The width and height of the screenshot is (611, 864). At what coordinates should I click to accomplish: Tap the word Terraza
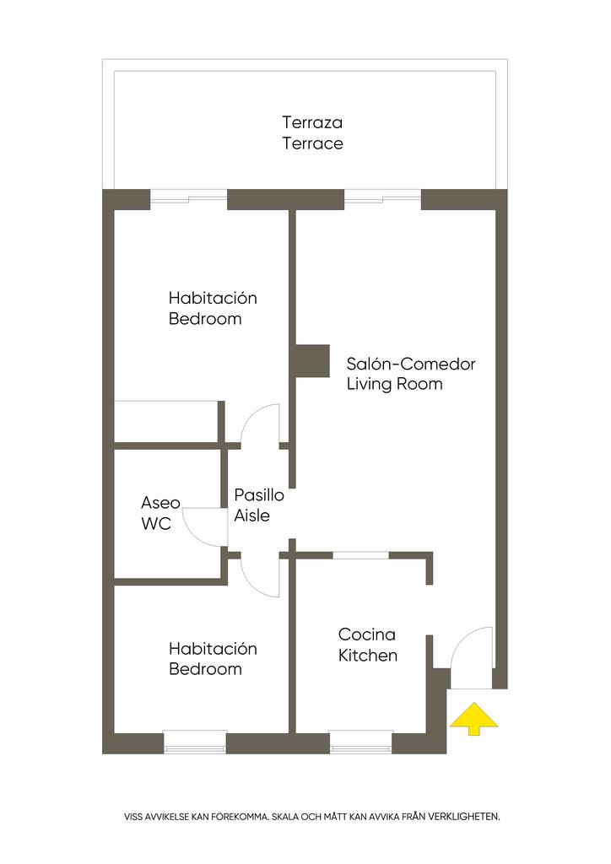click(312, 123)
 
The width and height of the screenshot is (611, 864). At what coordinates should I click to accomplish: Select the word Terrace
click(312, 143)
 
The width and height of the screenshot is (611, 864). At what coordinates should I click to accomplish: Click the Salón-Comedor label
click(411, 364)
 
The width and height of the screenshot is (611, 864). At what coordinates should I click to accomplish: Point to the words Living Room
click(394, 384)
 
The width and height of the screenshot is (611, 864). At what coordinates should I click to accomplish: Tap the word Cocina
click(366, 634)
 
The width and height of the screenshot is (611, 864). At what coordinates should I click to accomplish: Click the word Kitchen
click(368, 655)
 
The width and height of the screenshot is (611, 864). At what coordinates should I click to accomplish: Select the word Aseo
click(160, 503)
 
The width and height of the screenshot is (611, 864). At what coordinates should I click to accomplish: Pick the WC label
click(156, 524)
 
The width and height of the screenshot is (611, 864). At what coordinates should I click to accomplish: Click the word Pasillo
click(259, 495)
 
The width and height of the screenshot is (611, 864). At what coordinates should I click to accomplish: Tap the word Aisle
click(252, 515)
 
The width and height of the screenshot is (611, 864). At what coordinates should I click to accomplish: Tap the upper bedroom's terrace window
click(188, 199)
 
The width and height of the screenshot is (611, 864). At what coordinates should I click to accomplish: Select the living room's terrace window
click(382, 199)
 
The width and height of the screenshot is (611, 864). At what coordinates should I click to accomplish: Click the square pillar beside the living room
click(312, 360)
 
